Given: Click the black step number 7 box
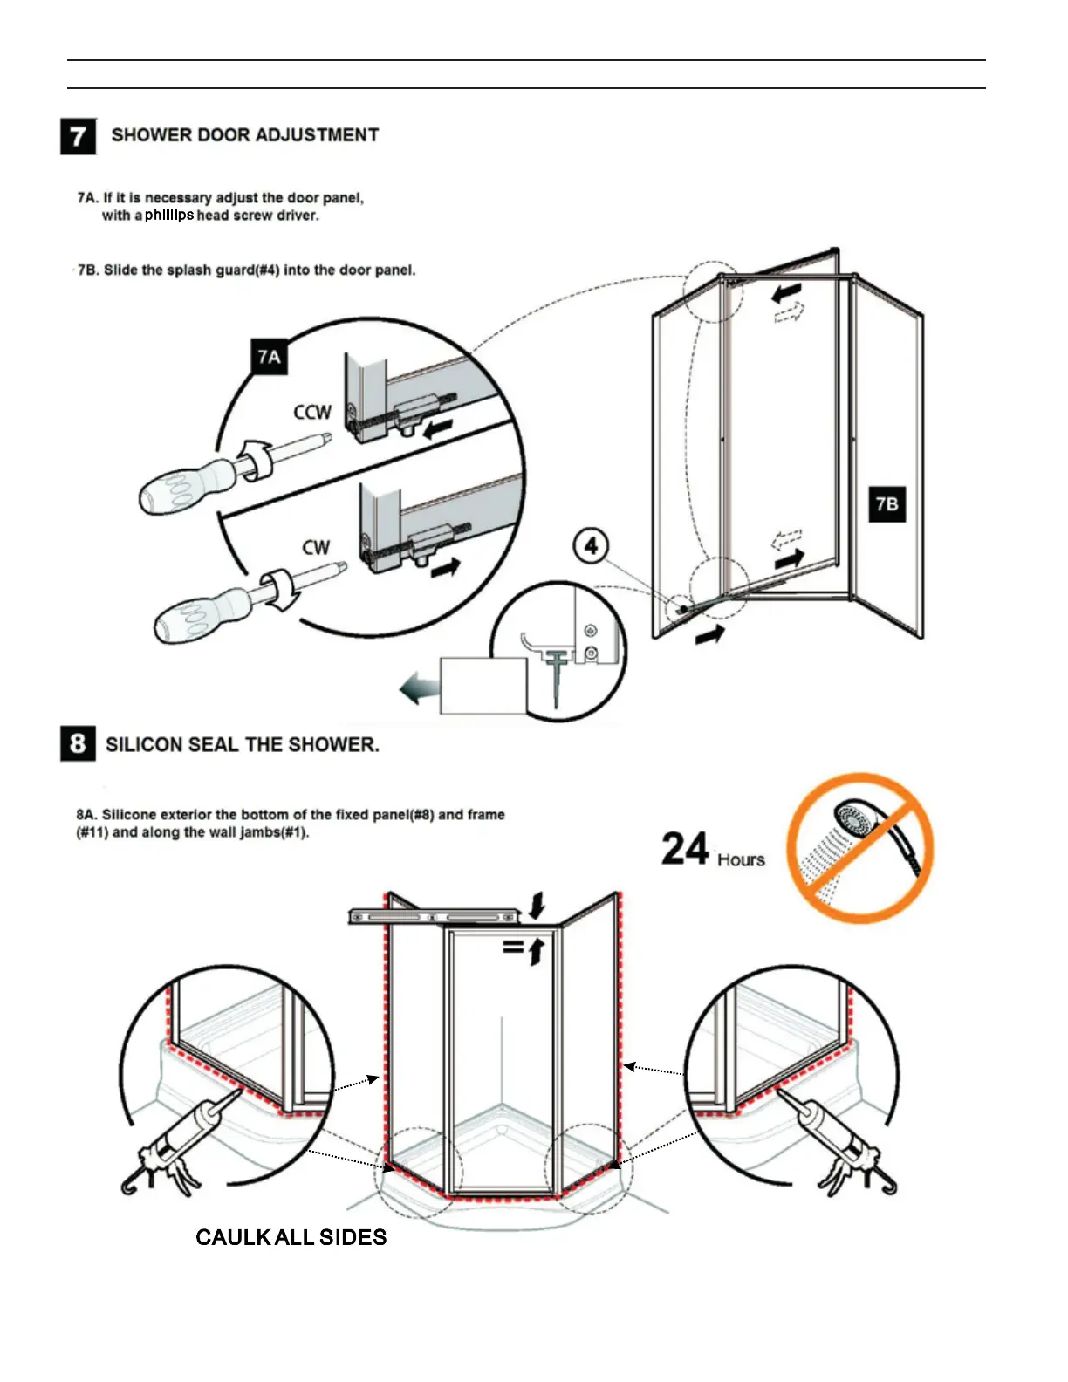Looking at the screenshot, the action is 78,136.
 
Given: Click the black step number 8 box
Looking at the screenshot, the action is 78,743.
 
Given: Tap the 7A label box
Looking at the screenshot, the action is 270,357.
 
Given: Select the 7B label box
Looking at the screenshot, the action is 887,503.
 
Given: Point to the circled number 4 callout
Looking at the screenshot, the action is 591,546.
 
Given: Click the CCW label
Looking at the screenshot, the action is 311,412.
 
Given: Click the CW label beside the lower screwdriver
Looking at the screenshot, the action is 316,548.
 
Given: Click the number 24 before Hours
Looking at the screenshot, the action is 685,849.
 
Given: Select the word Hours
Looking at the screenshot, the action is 741,860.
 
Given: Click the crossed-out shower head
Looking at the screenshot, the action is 860,847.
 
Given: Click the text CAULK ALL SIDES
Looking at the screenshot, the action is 291,1237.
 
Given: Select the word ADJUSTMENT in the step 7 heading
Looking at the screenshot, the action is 318,135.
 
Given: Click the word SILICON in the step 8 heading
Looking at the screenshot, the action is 144,744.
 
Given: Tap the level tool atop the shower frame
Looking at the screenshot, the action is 435,916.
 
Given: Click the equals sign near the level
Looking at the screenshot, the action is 513,945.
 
